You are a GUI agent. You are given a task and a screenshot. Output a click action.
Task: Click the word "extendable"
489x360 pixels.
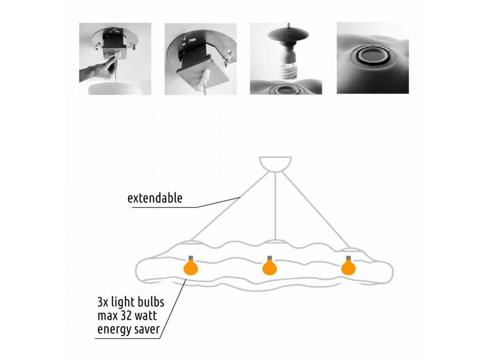click(155, 198)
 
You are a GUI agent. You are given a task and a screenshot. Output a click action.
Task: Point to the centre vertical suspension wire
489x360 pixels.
click(275, 206)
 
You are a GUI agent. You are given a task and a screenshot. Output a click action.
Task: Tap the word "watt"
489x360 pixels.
click(146, 316)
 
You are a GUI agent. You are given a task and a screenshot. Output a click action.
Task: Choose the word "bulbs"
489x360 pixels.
click(151, 302)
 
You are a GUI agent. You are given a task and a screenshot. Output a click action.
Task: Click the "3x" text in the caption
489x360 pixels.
click(103, 302)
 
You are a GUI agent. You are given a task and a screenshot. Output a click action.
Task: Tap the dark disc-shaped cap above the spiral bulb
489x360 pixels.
click(288, 33)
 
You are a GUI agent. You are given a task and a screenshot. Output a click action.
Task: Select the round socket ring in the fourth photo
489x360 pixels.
click(373, 56)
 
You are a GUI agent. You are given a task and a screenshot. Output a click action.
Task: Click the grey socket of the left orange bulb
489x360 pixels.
click(191, 258)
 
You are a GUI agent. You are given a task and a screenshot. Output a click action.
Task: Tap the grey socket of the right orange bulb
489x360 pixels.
click(348, 258)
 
